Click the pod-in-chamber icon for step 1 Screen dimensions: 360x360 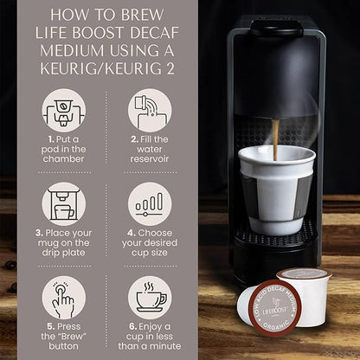(x=63, y=112)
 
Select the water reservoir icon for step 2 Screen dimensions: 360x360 (x=150, y=112)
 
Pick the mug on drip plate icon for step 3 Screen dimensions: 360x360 (x=63, y=206)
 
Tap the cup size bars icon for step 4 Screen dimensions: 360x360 (x=150, y=206)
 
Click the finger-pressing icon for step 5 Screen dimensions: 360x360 (x=63, y=298)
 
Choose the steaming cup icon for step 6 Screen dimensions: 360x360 (x=150, y=298)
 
